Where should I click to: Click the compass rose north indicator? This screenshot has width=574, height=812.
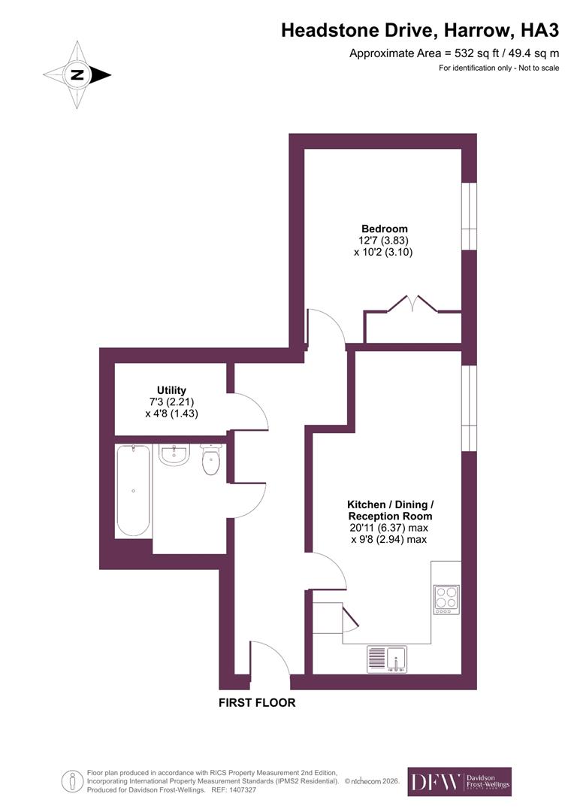[77, 74]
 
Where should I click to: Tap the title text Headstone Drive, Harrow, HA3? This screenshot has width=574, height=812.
[420, 31]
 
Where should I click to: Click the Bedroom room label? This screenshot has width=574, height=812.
[384, 229]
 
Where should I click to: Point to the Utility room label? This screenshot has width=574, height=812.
[171, 390]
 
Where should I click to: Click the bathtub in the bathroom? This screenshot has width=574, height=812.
[133, 490]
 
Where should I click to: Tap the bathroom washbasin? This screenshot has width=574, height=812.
[174, 454]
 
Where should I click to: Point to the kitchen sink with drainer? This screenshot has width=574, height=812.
[387, 658]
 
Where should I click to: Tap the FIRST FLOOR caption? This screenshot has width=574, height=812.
[257, 703]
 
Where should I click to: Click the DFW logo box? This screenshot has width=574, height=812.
[459, 782]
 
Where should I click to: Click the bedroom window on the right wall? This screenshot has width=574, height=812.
[469, 217]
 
